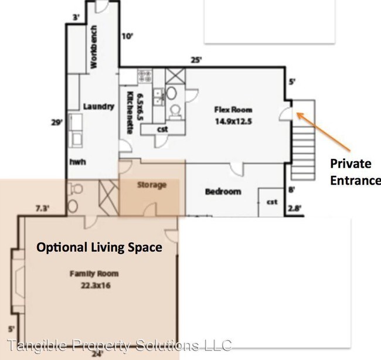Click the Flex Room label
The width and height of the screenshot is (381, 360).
[x=233, y=110]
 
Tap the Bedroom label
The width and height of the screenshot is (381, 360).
[x=223, y=192]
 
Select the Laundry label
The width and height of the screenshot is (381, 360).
[x=98, y=107]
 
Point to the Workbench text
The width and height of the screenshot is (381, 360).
[x=94, y=47]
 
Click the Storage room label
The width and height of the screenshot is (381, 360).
[x=152, y=185]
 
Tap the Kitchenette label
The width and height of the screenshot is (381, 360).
[x=130, y=113]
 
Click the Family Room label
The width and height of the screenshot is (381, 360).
[x=94, y=274]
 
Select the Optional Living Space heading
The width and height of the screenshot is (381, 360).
[x=100, y=247]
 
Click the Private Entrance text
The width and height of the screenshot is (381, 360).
[x=355, y=172]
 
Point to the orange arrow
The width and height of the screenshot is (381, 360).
[x=323, y=131]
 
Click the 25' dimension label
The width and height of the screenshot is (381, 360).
[x=196, y=60]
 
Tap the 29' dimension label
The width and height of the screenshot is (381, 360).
[x=57, y=123]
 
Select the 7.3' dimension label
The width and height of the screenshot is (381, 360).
[x=43, y=209]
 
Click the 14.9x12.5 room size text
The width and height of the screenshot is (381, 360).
[x=233, y=121]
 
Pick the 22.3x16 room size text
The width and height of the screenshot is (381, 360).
[x=96, y=285]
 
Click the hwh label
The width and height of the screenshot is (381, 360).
[x=78, y=162]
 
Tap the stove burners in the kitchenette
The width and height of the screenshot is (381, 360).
[x=145, y=76]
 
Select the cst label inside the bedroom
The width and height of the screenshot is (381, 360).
[x=272, y=202]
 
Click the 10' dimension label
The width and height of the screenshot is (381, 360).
[x=127, y=36]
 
